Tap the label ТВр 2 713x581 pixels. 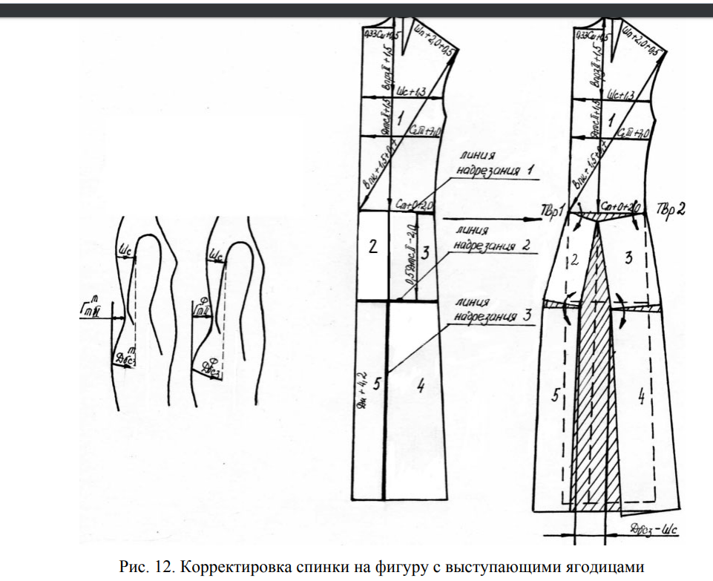(x=671, y=209)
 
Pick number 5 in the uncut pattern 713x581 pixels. (x=376, y=385)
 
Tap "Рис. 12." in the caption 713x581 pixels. (x=145, y=567)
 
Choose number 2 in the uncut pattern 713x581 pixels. (x=372, y=247)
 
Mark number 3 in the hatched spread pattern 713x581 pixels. (x=628, y=257)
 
